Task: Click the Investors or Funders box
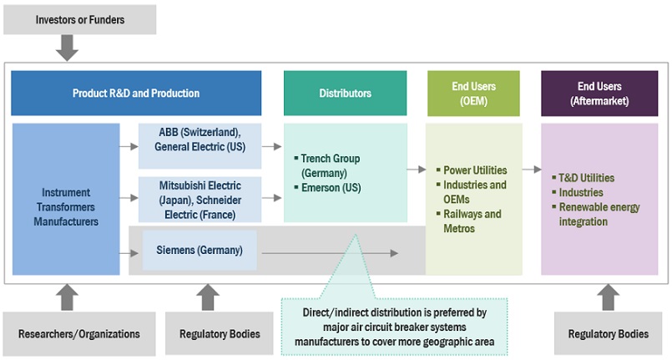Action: point(80,19)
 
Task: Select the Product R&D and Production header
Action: point(136,93)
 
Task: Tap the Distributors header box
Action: point(346,93)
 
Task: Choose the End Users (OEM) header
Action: point(473,93)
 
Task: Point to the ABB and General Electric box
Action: point(200,139)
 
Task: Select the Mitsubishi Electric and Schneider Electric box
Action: point(200,199)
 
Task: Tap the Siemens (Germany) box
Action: point(200,250)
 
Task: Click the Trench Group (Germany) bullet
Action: point(331,165)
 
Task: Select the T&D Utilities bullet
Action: point(587,177)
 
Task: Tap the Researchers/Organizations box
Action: point(79,334)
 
